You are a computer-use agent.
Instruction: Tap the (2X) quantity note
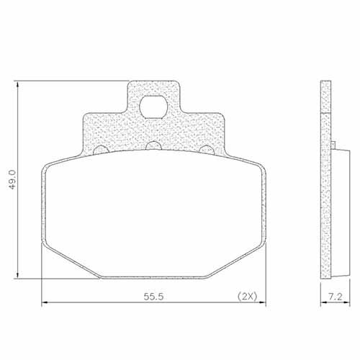[x=246, y=296]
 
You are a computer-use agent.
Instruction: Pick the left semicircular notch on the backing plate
[x=102, y=150]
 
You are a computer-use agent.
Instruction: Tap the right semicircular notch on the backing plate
[x=207, y=150]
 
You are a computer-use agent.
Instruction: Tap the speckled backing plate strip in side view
[x=325, y=180]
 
